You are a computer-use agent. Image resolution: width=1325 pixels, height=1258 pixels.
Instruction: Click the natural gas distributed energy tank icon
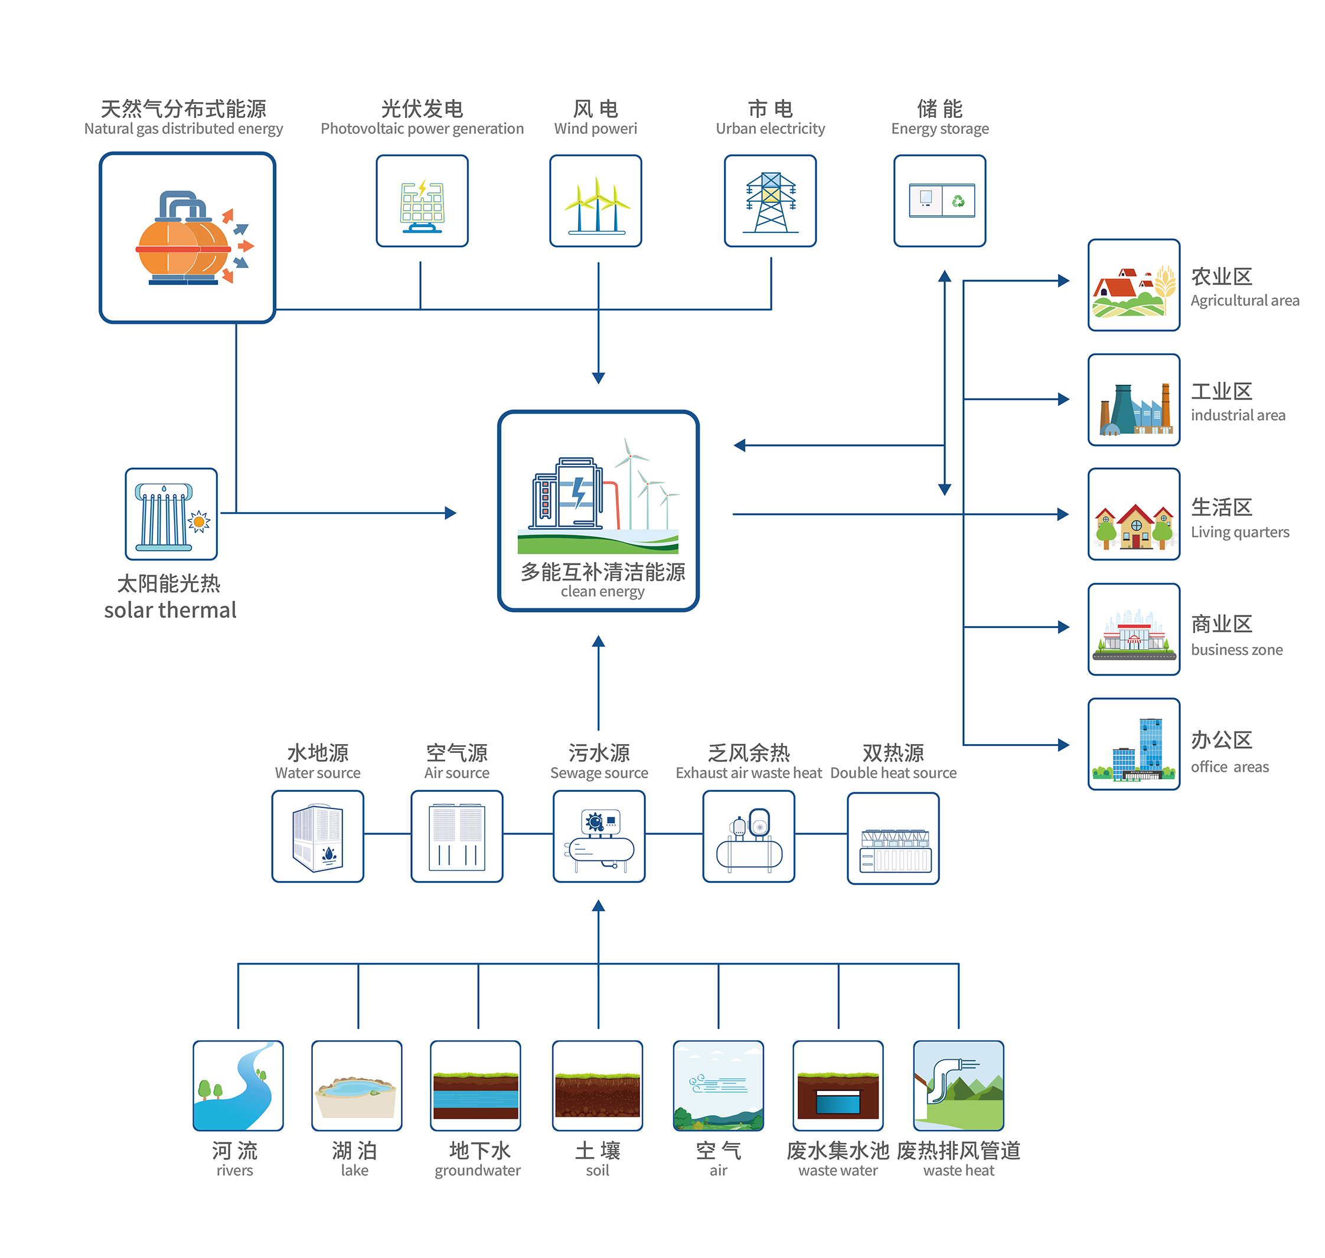187,238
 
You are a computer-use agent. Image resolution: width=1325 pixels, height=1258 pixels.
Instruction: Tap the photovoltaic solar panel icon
422,201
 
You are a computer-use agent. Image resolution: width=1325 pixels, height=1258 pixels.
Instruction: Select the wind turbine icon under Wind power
596,201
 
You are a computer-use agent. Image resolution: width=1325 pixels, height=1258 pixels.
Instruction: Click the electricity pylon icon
770,201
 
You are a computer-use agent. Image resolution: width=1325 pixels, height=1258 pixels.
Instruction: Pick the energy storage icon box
939,201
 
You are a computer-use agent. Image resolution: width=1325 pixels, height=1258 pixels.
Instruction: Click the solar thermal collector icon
171,515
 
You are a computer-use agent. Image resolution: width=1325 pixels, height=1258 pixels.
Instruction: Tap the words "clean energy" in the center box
602,591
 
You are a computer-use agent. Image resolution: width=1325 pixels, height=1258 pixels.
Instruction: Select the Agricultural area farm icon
1134,285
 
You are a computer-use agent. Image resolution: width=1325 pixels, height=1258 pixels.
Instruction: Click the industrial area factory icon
1134,400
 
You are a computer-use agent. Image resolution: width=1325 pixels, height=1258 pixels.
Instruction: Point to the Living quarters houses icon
1134,515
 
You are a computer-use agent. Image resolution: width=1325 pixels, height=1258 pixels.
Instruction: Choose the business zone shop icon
1134,630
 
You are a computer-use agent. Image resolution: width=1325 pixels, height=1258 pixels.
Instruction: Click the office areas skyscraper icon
1134,744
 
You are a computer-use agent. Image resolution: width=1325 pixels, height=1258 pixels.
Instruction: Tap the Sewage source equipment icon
599,837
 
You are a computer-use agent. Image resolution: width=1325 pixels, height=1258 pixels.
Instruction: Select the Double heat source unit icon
893,839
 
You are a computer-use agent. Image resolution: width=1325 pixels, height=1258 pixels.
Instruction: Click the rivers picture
238,1086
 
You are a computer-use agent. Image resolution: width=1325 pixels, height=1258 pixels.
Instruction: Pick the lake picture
357,1086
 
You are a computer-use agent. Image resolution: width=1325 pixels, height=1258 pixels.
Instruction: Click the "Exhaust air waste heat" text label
749,773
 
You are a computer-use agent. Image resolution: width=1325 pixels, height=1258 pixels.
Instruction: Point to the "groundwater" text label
478,1171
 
